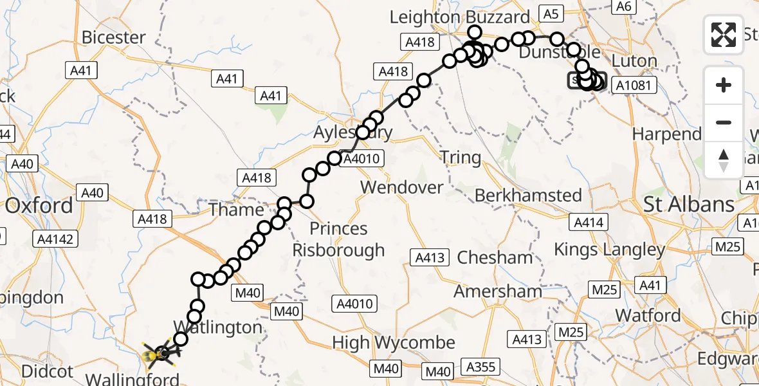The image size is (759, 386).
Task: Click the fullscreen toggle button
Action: (x=724, y=34)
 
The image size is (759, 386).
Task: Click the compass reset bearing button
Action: (x=724, y=160)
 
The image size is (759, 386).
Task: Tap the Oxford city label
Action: (x=39, y=206)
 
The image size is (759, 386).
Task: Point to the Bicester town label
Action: (x=113, y=37)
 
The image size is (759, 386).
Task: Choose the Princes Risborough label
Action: (x=338, y=239)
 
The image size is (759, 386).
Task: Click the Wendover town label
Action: (x=402, y=188)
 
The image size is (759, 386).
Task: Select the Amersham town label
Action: (x=498, y=291)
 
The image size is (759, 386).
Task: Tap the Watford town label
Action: (x=648, y=315)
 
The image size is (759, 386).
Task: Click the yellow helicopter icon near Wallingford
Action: (x=157, y=353)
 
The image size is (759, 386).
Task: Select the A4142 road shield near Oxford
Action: (x=57, y=239)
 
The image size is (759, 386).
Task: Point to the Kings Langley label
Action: (x=609, y=250)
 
